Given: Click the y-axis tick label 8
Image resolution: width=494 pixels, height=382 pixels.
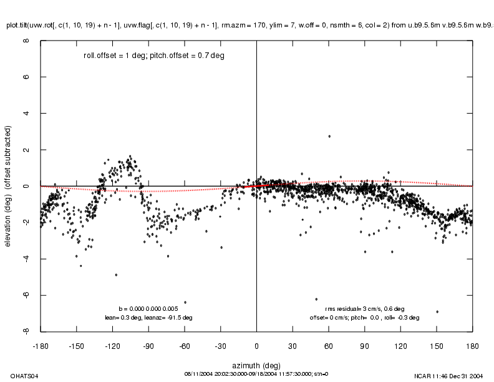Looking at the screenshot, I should coord(26,41).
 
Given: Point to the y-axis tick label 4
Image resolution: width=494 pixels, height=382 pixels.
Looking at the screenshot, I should coord(26,114).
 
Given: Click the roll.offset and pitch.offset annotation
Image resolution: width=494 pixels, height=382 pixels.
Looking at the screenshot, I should coord(154,56).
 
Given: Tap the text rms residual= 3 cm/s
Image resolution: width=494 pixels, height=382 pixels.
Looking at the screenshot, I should coord(364,308).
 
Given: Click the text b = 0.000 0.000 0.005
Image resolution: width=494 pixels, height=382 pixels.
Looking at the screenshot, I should coord(148,308).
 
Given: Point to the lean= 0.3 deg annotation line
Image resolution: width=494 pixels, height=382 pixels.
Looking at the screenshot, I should coord(148,317).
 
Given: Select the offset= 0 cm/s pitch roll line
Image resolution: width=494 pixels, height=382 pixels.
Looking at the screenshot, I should coord(364,317).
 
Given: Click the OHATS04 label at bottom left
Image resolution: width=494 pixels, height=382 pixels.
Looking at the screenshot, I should coord(16,375).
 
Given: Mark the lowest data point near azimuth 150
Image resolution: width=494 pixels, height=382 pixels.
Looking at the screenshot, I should coord(437,311).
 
